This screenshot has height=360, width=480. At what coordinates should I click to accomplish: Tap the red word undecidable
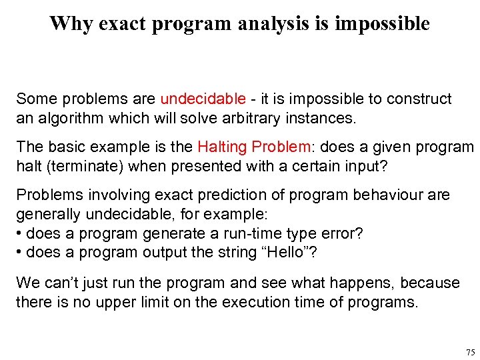pos(203,99)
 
